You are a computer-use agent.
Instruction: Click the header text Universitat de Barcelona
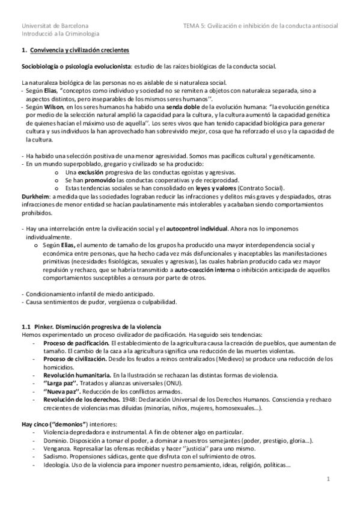55,26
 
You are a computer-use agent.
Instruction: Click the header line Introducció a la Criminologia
60,35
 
